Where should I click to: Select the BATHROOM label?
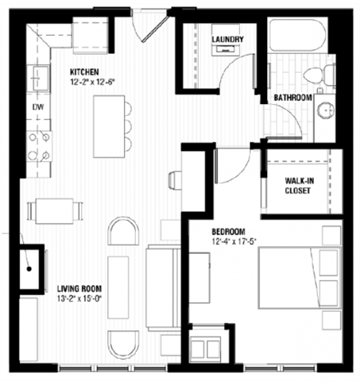tap(292, 97)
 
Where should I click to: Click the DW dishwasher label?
tap(37, 106)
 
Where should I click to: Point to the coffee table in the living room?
tap(120, 286)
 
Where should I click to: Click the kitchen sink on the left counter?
tap(37, 78)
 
